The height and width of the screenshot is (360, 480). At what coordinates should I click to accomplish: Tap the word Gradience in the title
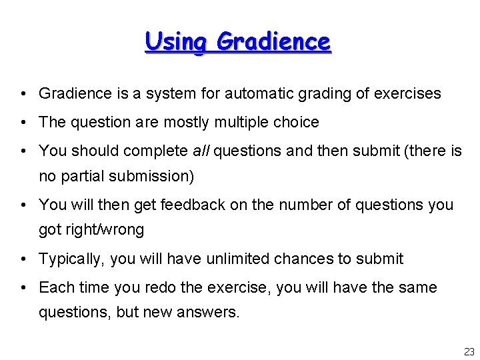[x=273, y=42]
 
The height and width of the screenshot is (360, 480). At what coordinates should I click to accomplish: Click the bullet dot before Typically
[x=23, y=259]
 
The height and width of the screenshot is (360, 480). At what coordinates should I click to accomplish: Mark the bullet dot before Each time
[x=23, y=288]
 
